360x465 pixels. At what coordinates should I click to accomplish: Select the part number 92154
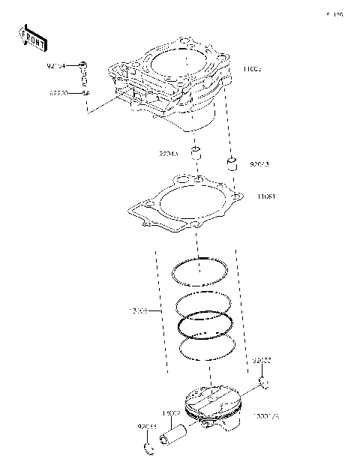click(x=56, y=66)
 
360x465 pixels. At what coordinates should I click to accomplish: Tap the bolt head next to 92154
click(x=84, y=66)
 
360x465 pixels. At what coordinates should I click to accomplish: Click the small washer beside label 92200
click(x=85, y=92)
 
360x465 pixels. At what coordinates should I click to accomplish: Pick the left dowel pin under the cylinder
click(x=197, y=155)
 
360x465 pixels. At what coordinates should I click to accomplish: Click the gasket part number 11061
click(x=265, y=196)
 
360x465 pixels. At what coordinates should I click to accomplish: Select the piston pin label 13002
click(x=171, y=412)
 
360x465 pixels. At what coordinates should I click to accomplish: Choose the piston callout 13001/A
click(x=266, y=415)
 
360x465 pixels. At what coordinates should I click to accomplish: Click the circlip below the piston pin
click(x=148, y=450)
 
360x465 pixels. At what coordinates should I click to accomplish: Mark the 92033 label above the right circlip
click(x=262, y=360)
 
